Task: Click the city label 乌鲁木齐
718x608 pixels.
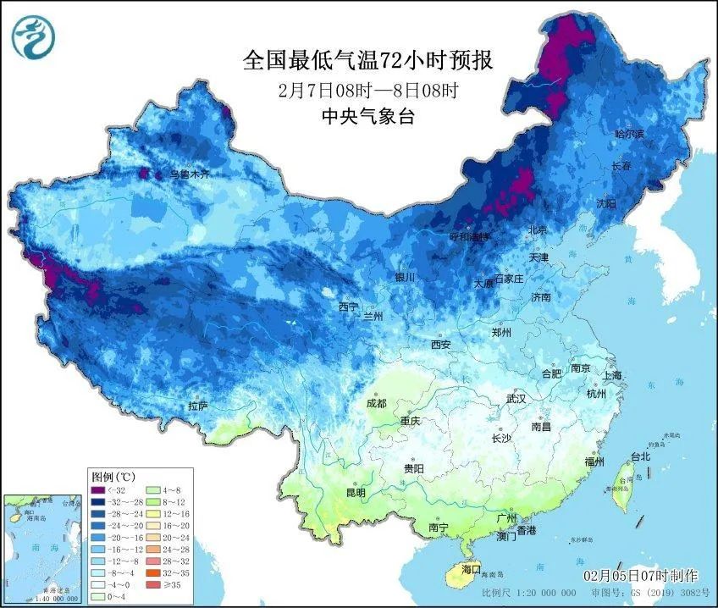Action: (x=189, y=174)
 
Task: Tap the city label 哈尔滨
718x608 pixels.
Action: (x=629, y=134)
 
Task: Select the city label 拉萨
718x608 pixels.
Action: (x=198, y=406)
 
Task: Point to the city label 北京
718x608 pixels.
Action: (x=538, y=229)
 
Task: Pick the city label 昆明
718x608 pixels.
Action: (x=355, y=492)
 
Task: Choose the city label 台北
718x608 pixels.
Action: (x=639, y=456)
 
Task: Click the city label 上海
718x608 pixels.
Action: (x=612, y=375)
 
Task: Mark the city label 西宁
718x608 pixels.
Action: (x=349, y=306)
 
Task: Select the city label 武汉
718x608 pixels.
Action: (x=515, y=398)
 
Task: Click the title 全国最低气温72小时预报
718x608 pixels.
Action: (x=367, y=60)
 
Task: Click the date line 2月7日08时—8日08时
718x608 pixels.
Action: (x=367, y=90)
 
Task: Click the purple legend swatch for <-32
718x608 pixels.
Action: (x=99, y=489)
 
